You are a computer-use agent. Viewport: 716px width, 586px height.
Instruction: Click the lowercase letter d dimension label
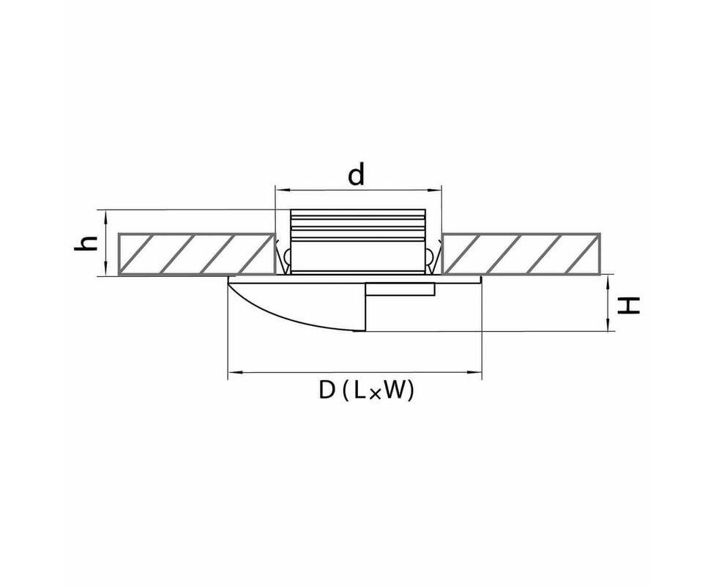pos(357,175)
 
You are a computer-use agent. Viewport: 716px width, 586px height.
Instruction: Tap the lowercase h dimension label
pos(86,243)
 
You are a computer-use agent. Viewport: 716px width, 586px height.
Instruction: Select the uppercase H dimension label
pos(628,305)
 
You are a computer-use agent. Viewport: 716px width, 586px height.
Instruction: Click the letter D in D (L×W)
pos(327,390)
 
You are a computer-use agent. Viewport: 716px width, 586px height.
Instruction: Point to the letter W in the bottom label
pos(395,390)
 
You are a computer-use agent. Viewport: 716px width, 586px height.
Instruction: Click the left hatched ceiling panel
pos(197,254)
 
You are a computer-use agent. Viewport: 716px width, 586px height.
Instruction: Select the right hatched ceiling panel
pos(521,254)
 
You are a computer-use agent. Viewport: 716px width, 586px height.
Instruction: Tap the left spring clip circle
pos(287,256)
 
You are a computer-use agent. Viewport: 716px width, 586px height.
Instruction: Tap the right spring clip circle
pos(430,256)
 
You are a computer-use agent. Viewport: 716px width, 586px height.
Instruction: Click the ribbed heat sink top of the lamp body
pos(358,225)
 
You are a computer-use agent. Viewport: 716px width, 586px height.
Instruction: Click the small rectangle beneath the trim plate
pos(400,289)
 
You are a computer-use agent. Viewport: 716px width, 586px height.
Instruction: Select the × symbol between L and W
pos(373,394)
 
